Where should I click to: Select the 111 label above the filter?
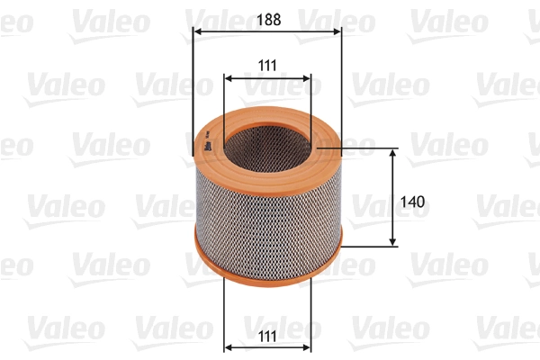[267, 64]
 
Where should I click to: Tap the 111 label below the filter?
[267, 335]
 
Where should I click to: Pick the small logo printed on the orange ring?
[207, 144]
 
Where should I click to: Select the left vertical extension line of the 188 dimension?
[193, 81]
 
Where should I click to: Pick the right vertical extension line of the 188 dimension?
[341, 81]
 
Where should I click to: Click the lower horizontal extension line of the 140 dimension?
[369, 246]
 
